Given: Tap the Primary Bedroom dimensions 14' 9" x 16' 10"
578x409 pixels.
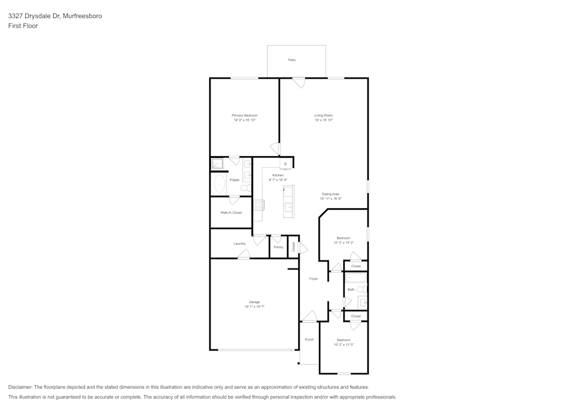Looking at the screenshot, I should (244, 120).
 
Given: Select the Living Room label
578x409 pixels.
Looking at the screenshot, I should (324, 115).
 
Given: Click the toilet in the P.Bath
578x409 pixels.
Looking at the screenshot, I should (245, 188).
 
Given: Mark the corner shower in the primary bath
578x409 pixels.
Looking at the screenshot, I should (217, 164).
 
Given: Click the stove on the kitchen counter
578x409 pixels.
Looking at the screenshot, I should (258, 204).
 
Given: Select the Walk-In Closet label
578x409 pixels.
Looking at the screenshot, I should (231, 212).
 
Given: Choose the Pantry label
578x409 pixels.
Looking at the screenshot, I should (279, 247).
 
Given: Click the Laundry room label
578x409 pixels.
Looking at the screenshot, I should (240, 244).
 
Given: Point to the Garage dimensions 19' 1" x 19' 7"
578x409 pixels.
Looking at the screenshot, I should (254, 307).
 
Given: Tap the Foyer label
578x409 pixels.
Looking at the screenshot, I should (313, 279).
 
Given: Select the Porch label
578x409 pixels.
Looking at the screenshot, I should (309, 340).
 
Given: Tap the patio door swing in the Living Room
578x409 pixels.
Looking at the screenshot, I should (299, 82).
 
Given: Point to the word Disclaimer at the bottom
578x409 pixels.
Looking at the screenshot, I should (20, 387).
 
